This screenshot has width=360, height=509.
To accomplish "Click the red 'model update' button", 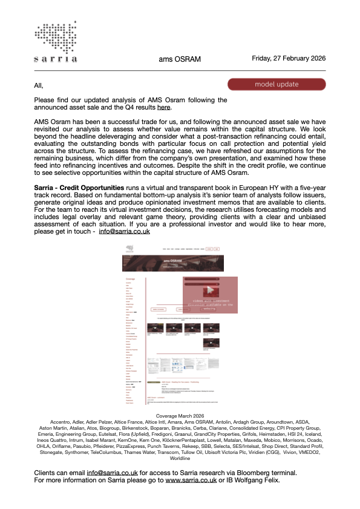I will tap(277, 84).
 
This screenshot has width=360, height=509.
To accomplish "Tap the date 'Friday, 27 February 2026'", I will tap(289, 58).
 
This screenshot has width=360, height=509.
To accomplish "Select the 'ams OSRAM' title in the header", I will tap(180, 59).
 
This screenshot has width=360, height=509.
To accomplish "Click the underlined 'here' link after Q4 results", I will tap(163, 108).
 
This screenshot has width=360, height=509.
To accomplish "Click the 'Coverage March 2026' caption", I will tap(180, 416).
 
